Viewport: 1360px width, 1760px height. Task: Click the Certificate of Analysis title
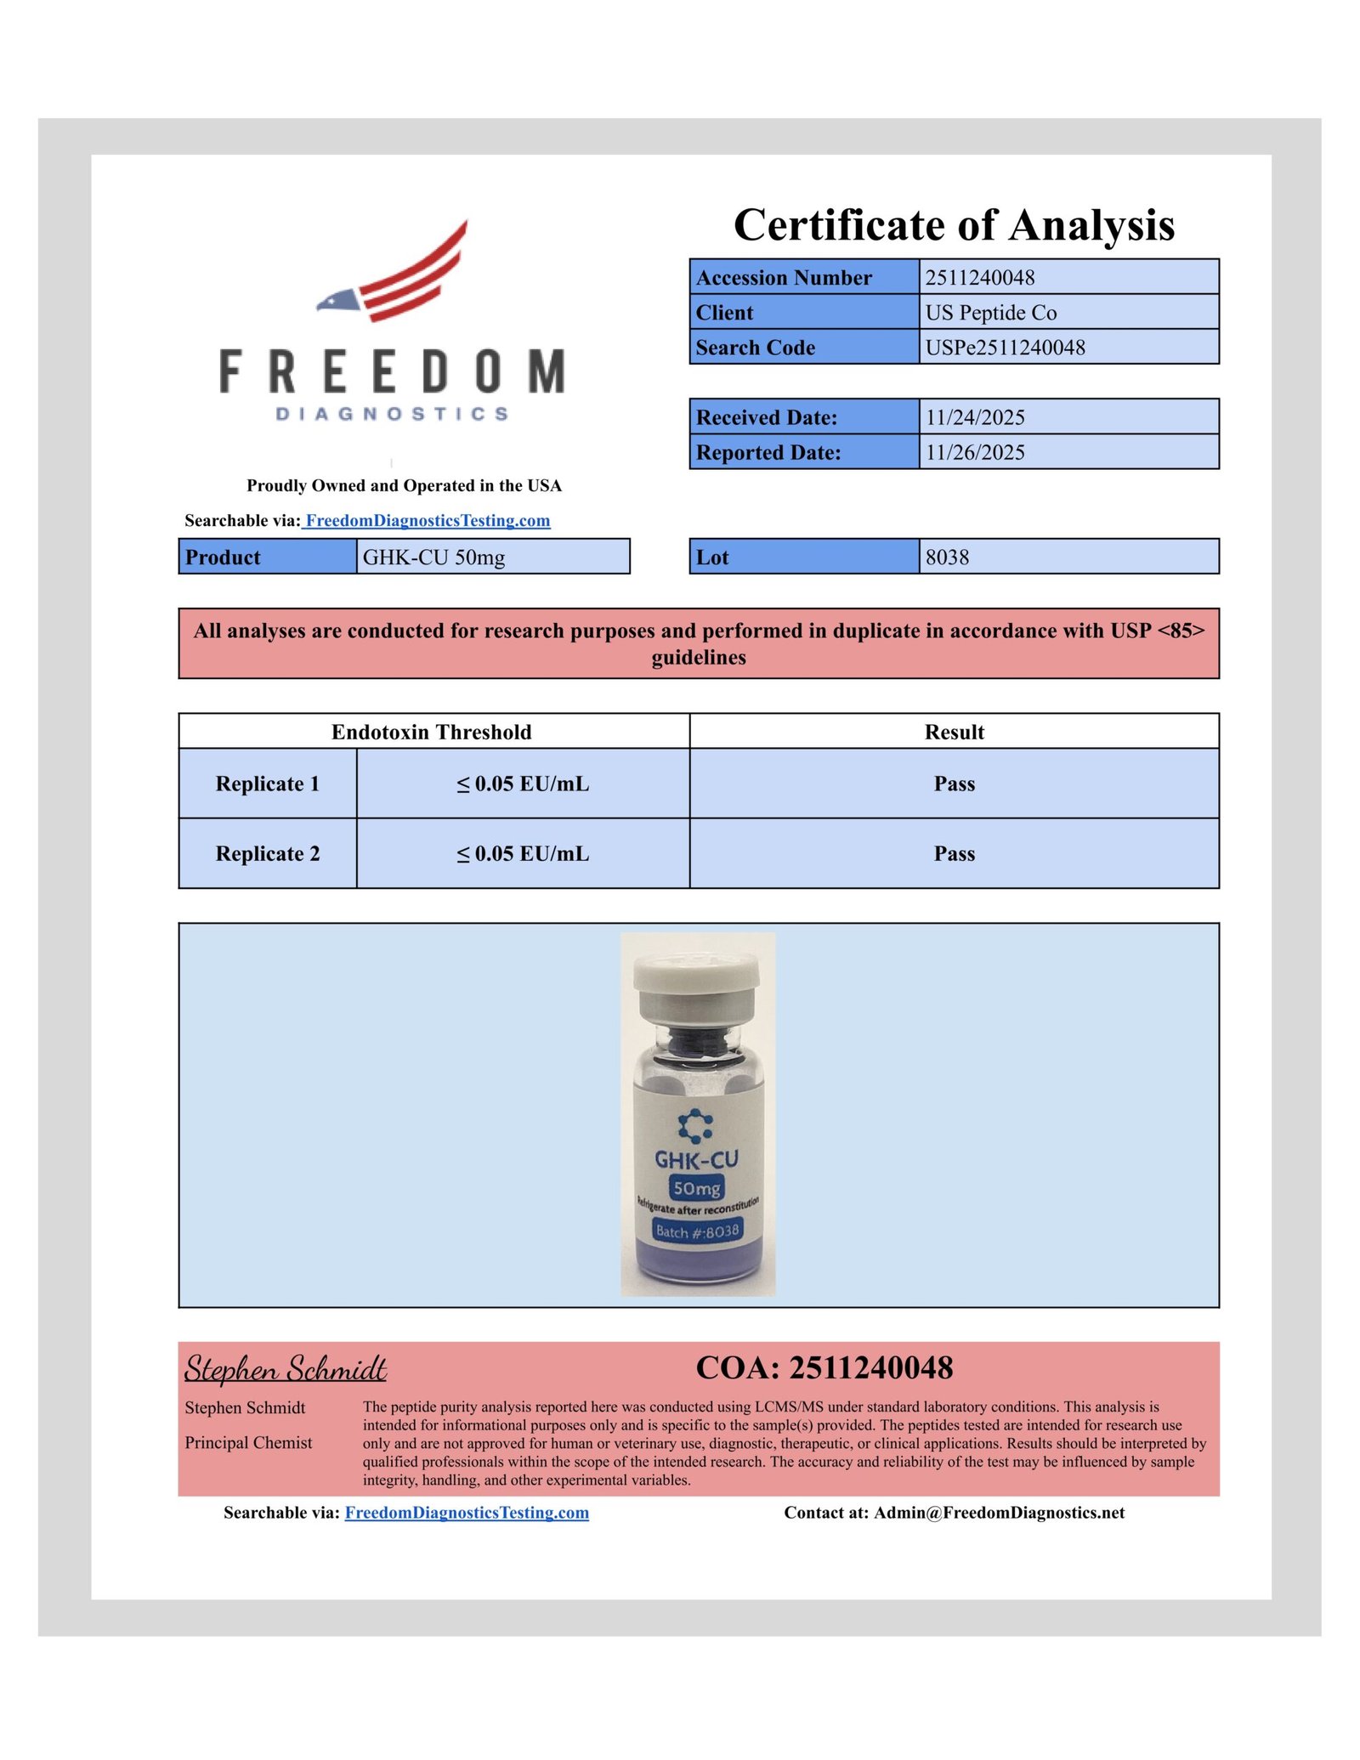[954, 225]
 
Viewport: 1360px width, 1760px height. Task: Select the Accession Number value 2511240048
[980, 278]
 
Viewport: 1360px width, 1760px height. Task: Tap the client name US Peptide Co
[991, 313]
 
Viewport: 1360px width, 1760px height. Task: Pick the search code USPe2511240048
[1005, 348]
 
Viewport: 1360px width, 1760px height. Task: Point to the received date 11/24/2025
[975, 417]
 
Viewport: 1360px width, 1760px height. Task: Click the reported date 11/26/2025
[975, 452]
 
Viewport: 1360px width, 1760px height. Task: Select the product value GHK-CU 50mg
[433, 557]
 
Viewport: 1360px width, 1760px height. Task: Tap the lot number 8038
[947, 557]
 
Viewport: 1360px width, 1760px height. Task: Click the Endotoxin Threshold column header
[431, 732]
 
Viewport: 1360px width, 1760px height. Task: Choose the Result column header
[954, 732]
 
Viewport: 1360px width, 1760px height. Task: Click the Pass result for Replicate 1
[954, 784]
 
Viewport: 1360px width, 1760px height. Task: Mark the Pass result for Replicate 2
[954, 853]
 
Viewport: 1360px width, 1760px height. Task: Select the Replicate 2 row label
[268, 853]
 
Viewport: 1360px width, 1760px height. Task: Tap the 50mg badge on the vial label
[696, 1188]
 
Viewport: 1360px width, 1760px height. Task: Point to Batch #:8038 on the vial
[697, 1231]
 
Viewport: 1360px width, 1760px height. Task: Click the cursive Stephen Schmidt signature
[286, 1369]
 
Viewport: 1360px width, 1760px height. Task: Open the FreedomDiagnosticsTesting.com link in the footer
[467, 1513]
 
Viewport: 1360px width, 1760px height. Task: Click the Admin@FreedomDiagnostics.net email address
[999, 1513]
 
